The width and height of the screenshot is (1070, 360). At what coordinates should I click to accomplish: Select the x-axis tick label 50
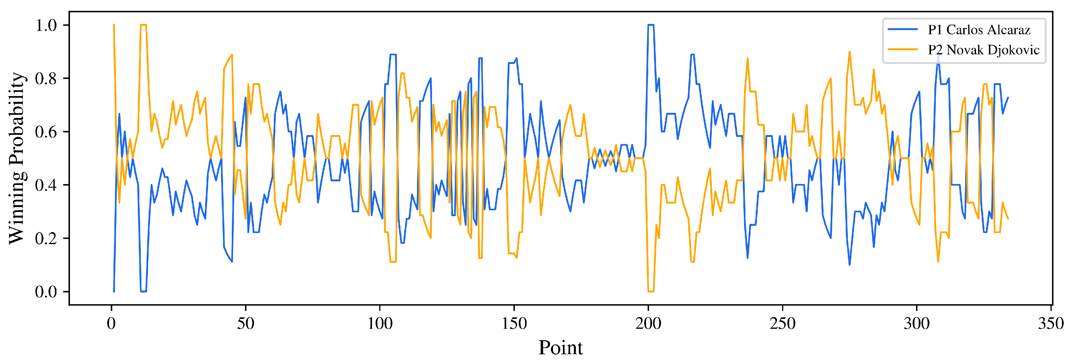[x=246, y=323]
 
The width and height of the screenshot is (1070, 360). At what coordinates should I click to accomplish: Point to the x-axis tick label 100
[x=380, y=323]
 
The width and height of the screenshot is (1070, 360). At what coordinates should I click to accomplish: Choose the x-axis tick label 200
[x=648, y=323]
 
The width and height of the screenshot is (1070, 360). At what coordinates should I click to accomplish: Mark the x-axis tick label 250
[x=783, y=323]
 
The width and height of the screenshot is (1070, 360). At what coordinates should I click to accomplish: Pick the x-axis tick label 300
[x=917, y=323]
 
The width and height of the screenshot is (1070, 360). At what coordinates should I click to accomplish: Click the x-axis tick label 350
[x=1051, y=323]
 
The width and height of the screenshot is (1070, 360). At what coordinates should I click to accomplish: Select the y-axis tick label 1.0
[x=46, y=25]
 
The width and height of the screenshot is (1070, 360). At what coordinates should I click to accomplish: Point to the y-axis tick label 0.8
[x=46, y=78]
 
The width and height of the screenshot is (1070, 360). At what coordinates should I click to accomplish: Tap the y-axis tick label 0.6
[x=46, y=132]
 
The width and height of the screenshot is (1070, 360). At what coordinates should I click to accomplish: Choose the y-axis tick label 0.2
[x=46, y=238]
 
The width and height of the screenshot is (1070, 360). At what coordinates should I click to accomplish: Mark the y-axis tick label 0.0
[x=46, y=292]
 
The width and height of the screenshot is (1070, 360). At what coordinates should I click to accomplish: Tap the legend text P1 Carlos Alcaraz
[x=979, y=30]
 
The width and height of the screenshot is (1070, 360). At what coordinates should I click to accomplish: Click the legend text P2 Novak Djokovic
[x=984, y=50]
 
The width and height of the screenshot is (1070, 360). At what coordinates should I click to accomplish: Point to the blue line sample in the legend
[x=902, y=29]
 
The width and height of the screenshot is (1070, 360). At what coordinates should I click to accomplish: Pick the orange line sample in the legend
[x=902, y=50]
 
